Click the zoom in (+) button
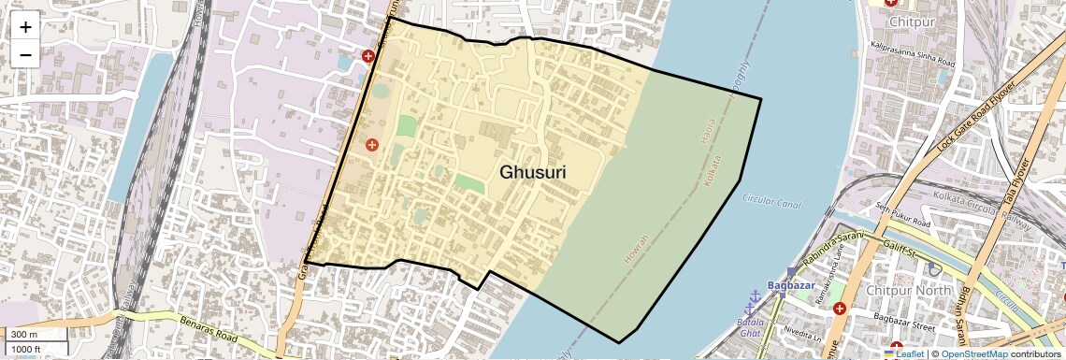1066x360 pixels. coord(25,26)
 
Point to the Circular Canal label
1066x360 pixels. coord(771,200)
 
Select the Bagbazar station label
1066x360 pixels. coord(791,284)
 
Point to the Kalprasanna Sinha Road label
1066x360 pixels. coord(911,53)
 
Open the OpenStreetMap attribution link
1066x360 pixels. coord(974,353)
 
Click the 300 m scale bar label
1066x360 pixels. coord(25,335)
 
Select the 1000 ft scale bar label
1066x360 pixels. coord(28,349)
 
